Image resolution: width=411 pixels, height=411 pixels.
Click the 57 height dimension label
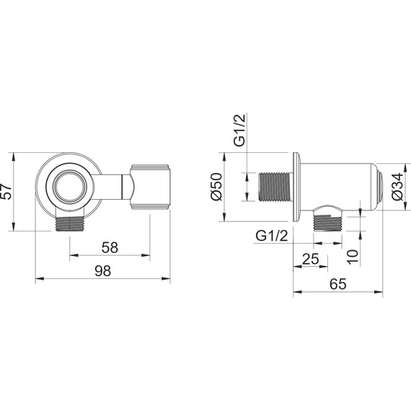click(x=6, y=192)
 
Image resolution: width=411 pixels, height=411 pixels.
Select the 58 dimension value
click(x=110, y=247)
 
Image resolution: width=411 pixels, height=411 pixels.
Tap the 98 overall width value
click(x=102, y=271)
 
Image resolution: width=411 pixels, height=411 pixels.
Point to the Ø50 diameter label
click(x=216, y=187)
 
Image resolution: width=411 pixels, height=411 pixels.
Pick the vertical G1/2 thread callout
click(x=240, y=130)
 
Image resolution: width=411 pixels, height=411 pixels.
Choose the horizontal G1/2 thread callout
click(x=272, y=236)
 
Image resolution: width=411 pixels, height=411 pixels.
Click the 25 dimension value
click(x=311, y=259)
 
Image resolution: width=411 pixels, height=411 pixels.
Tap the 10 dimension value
click(x=353, y=257)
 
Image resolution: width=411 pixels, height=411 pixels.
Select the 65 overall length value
click(x=338, y=284)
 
